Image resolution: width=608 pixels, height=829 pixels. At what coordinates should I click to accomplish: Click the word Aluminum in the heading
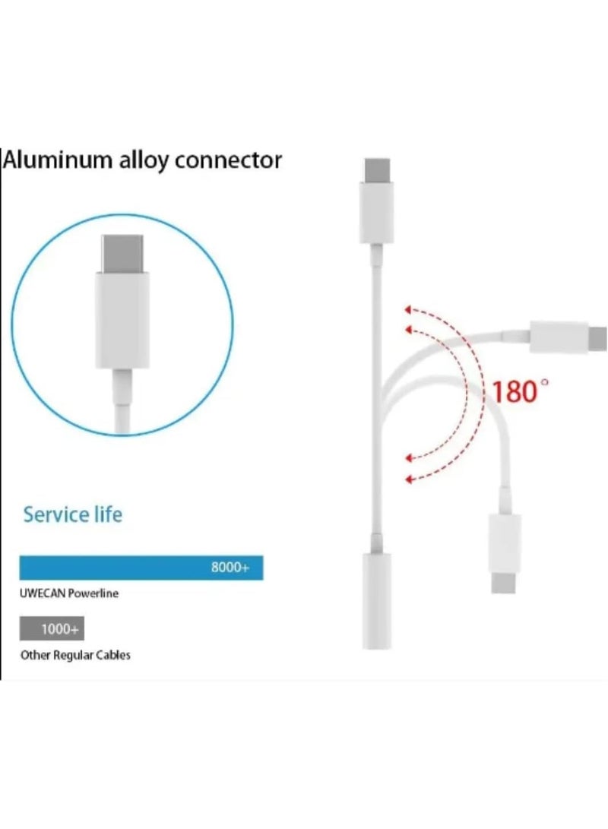tap(58, 160)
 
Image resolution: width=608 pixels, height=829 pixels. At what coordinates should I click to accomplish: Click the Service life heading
tap(72, 514)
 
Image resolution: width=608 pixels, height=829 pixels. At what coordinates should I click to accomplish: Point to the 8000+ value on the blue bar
tap(230, 568)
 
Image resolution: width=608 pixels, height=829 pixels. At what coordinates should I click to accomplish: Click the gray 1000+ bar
tap(52, 628)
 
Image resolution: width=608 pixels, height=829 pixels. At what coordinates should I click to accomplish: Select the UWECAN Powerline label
tap(68, 593)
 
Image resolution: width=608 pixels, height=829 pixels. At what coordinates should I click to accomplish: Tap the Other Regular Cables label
tap(75, 655)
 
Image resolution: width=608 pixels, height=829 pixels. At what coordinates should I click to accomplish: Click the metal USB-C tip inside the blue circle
tap(122, 254)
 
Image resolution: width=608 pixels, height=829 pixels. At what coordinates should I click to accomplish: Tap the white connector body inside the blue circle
tap(122, 320)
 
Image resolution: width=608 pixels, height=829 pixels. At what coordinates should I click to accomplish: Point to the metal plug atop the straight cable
tap(377, 170)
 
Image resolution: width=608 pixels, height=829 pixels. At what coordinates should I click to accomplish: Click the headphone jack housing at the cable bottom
tap(376, 601)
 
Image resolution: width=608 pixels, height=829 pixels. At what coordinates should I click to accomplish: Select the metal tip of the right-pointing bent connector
tap(598, 339)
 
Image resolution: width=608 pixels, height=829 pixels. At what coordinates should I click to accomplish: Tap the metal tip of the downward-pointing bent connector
tap(503, 582)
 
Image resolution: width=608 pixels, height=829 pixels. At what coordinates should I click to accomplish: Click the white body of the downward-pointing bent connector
tap(505, 543)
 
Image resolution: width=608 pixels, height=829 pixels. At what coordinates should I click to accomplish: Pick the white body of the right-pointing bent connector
tap(559, 337)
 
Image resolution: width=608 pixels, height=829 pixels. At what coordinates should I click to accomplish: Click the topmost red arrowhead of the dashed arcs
tap(407, 309)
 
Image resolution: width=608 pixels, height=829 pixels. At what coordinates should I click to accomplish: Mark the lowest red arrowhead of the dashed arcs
tap(408, 479)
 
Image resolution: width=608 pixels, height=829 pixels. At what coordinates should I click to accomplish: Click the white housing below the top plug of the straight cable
tap(377, 213)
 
